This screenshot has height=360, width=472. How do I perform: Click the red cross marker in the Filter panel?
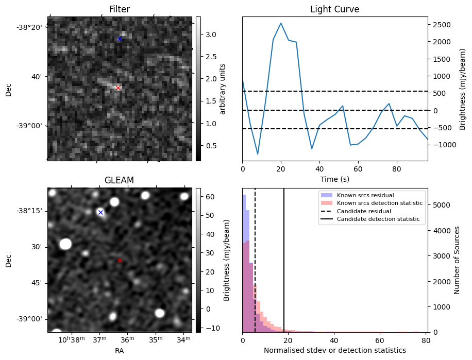click(118, 88)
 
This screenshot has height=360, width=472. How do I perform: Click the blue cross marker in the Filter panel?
click(120, 39)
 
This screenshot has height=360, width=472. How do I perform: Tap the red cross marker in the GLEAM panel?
click(120, 260)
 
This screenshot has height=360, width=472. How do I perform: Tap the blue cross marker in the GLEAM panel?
click(100, 212)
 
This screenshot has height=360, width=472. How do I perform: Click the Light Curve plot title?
click(334, 9)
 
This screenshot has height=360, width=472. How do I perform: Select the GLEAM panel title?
click(119, 180)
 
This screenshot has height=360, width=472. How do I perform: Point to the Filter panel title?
click(120, 9)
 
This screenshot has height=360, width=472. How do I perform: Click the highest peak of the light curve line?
click(281, 23)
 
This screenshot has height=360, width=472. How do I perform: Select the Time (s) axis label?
click(334, 178)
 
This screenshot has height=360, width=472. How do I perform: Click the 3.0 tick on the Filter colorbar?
click(210, 35)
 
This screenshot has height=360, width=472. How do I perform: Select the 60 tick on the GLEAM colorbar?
click(210, 197)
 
